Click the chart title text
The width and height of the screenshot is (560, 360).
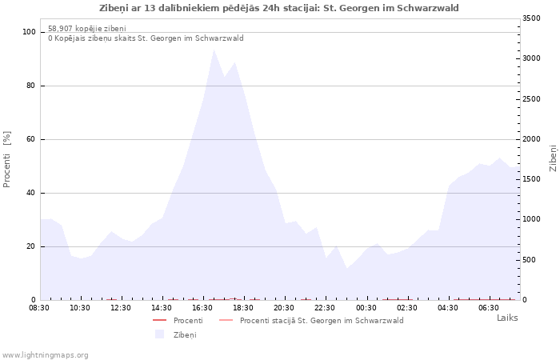(x=279, y=8)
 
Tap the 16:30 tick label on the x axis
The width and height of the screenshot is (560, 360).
(x=202, y=308)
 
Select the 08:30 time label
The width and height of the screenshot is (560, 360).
(x=39, y=308)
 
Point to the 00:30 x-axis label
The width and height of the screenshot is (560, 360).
(x=366, y=308)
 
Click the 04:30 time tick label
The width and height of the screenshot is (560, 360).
(x=447, y=308)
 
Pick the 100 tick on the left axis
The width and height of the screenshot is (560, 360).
(x=29, y=32)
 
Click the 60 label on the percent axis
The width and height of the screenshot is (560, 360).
(x=31, y=139)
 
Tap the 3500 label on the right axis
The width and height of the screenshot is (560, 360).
(x=531, y=18)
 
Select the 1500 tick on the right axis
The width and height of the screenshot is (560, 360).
(x=531, y=179)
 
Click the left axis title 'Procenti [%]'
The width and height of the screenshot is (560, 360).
(x=6, y=159)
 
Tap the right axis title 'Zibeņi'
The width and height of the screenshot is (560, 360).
(x=554, y=158)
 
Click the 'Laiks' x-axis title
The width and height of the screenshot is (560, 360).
(x=507, y=318)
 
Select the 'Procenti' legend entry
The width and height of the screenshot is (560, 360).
(x=178, y=320)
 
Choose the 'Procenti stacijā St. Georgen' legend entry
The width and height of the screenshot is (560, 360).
(x=311, y=320)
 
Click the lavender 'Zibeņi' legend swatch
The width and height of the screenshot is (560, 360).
(x=159, y=334)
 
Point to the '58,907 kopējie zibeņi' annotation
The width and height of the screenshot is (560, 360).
(x=87, y=29)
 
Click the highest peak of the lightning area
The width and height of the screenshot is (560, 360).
(x=214, y=50)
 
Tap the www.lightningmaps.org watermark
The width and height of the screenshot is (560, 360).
(x=44, y=355)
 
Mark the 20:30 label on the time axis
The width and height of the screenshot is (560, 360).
(x=284, y=308)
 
